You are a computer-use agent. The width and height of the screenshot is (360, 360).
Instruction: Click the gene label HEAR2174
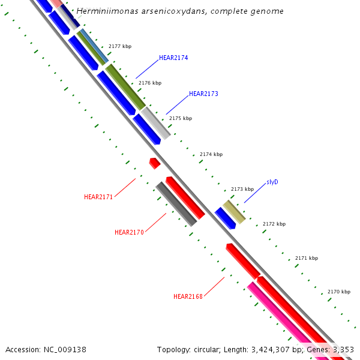click(x=173, y=58)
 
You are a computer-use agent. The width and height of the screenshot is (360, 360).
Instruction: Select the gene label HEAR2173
click(x=203, y=94)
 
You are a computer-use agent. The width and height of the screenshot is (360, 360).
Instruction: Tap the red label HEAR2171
click(x=98, y=197)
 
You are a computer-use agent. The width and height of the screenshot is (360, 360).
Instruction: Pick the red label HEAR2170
click(x=129, y=232)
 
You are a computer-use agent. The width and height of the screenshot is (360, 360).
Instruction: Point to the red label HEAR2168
click(x=188, y=296)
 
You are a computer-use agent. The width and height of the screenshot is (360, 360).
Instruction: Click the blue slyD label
click(x=272, y=182)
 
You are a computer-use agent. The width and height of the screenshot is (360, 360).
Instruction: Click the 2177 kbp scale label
click(x=120, y=46)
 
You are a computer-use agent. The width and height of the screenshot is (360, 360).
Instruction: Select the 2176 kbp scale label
click(x=150, y=83)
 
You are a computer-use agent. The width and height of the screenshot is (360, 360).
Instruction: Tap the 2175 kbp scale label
click(x=181, y=118)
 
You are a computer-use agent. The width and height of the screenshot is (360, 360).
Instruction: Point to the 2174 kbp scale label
click(x=211, y=154)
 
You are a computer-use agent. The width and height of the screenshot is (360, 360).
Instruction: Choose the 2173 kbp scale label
click(x=242, y=189)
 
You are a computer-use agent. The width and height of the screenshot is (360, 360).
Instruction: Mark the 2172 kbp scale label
click(x=274, y=224)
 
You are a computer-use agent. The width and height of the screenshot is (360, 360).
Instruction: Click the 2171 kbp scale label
click(x=307, y=258)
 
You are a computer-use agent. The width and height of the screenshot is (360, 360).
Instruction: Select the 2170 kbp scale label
click(x=339, y=292)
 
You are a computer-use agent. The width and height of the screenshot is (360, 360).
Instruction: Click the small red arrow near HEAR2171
click(x=155, y=163)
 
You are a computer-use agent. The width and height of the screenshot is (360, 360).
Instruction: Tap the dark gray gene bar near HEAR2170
click(x=176, y=204)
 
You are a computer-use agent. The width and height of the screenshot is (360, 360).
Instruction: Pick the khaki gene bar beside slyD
click(x=234, y=212)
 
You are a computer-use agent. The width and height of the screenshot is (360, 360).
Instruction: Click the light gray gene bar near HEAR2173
click(x=155, y=122)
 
